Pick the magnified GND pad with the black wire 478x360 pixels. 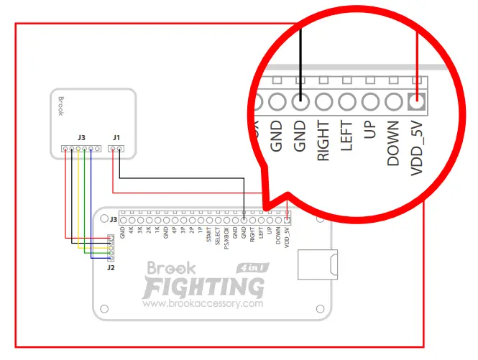pyautogui.click(x=300, y=101)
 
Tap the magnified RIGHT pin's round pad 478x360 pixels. pyautogui.click(x=323, y=101)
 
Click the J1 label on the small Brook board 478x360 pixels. pyautogui.click(x=116, y=137)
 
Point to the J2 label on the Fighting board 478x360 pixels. pyautogui.click(x=110, y=267)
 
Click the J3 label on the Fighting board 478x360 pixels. pyautogui.click(x=113, y=219)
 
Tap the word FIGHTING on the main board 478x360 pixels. pyautogui.click(x=203, y=287)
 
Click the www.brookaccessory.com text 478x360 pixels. pyautogui.click(x=203, y=304)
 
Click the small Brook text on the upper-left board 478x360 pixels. pyautogui.click(x=61, y=106)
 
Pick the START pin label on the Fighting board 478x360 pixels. pyautogui.click(x=208, y=235)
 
